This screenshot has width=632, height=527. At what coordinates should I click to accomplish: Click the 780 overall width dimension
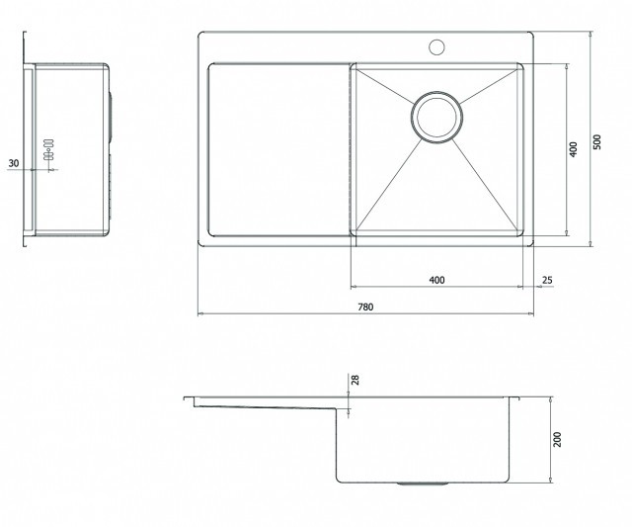coord(365,307)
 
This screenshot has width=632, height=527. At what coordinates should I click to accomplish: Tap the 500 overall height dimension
coord(597,141)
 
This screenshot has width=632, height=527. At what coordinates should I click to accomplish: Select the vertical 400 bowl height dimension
coord(573,149)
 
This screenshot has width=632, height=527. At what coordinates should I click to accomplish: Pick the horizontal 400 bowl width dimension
coord(436,280)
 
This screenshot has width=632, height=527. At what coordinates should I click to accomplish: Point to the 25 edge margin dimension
coord(547,280)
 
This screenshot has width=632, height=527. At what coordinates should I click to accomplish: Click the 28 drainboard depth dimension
coord(355,380)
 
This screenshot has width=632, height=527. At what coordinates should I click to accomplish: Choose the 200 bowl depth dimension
coord(557,439)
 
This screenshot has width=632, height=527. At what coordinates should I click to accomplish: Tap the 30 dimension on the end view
coord(14,163)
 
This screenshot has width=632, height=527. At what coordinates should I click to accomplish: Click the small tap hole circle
coord(436,47)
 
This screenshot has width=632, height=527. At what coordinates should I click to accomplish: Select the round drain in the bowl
coord(436,117)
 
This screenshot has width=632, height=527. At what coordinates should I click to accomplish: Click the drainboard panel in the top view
coord(278,149)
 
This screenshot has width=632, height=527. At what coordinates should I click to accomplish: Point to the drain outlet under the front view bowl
coord(423,483)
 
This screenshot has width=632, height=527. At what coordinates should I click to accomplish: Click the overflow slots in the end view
coord(48,149)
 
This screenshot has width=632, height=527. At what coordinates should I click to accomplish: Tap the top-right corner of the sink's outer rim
coord(533,33)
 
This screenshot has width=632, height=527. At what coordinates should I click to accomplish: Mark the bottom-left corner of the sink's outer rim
coord(198,246)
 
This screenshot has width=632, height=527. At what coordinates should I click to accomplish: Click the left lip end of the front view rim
coord(185,398)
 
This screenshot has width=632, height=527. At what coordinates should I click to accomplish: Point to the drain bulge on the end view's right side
coord(110,117)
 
